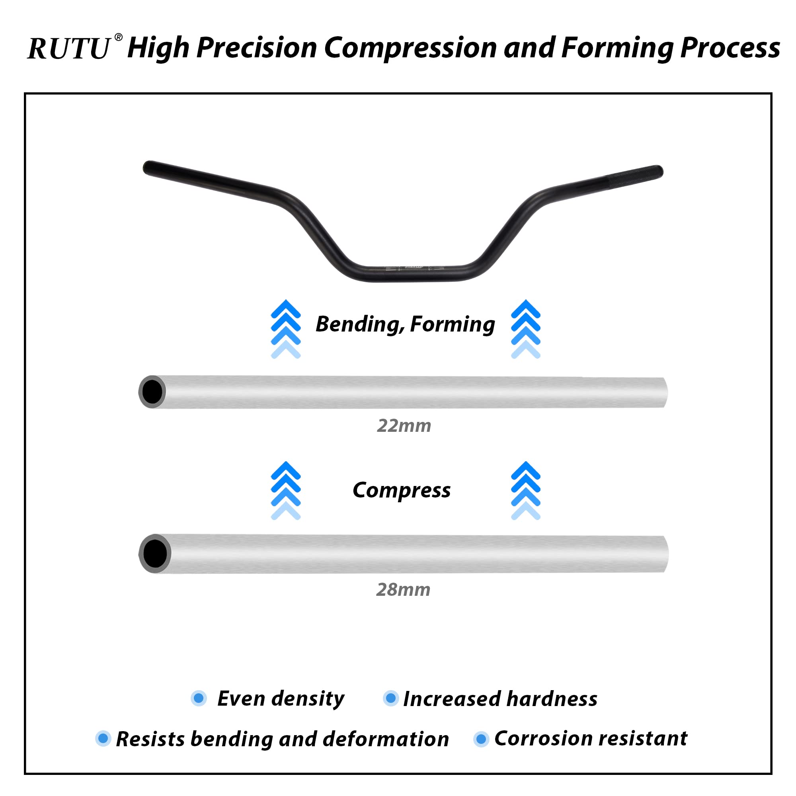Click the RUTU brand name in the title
(69, 49)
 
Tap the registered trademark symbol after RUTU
(118, 37)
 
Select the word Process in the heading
(730, 48)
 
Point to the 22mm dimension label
(404, 425)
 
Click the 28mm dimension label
(403, 589)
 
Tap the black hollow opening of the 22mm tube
(152, 392)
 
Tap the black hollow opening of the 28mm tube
(155, 554)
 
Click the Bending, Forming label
(405, 324)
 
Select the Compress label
(401, 490)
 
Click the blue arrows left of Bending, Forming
(285, 329)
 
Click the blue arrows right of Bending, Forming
(525, 329)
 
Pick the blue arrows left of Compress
(285, 490)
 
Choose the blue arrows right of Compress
(525, 490)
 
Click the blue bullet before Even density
(199, 698)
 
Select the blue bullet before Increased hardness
(390, 698)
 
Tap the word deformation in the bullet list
(386, 739)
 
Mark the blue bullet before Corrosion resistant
(481, 739)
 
